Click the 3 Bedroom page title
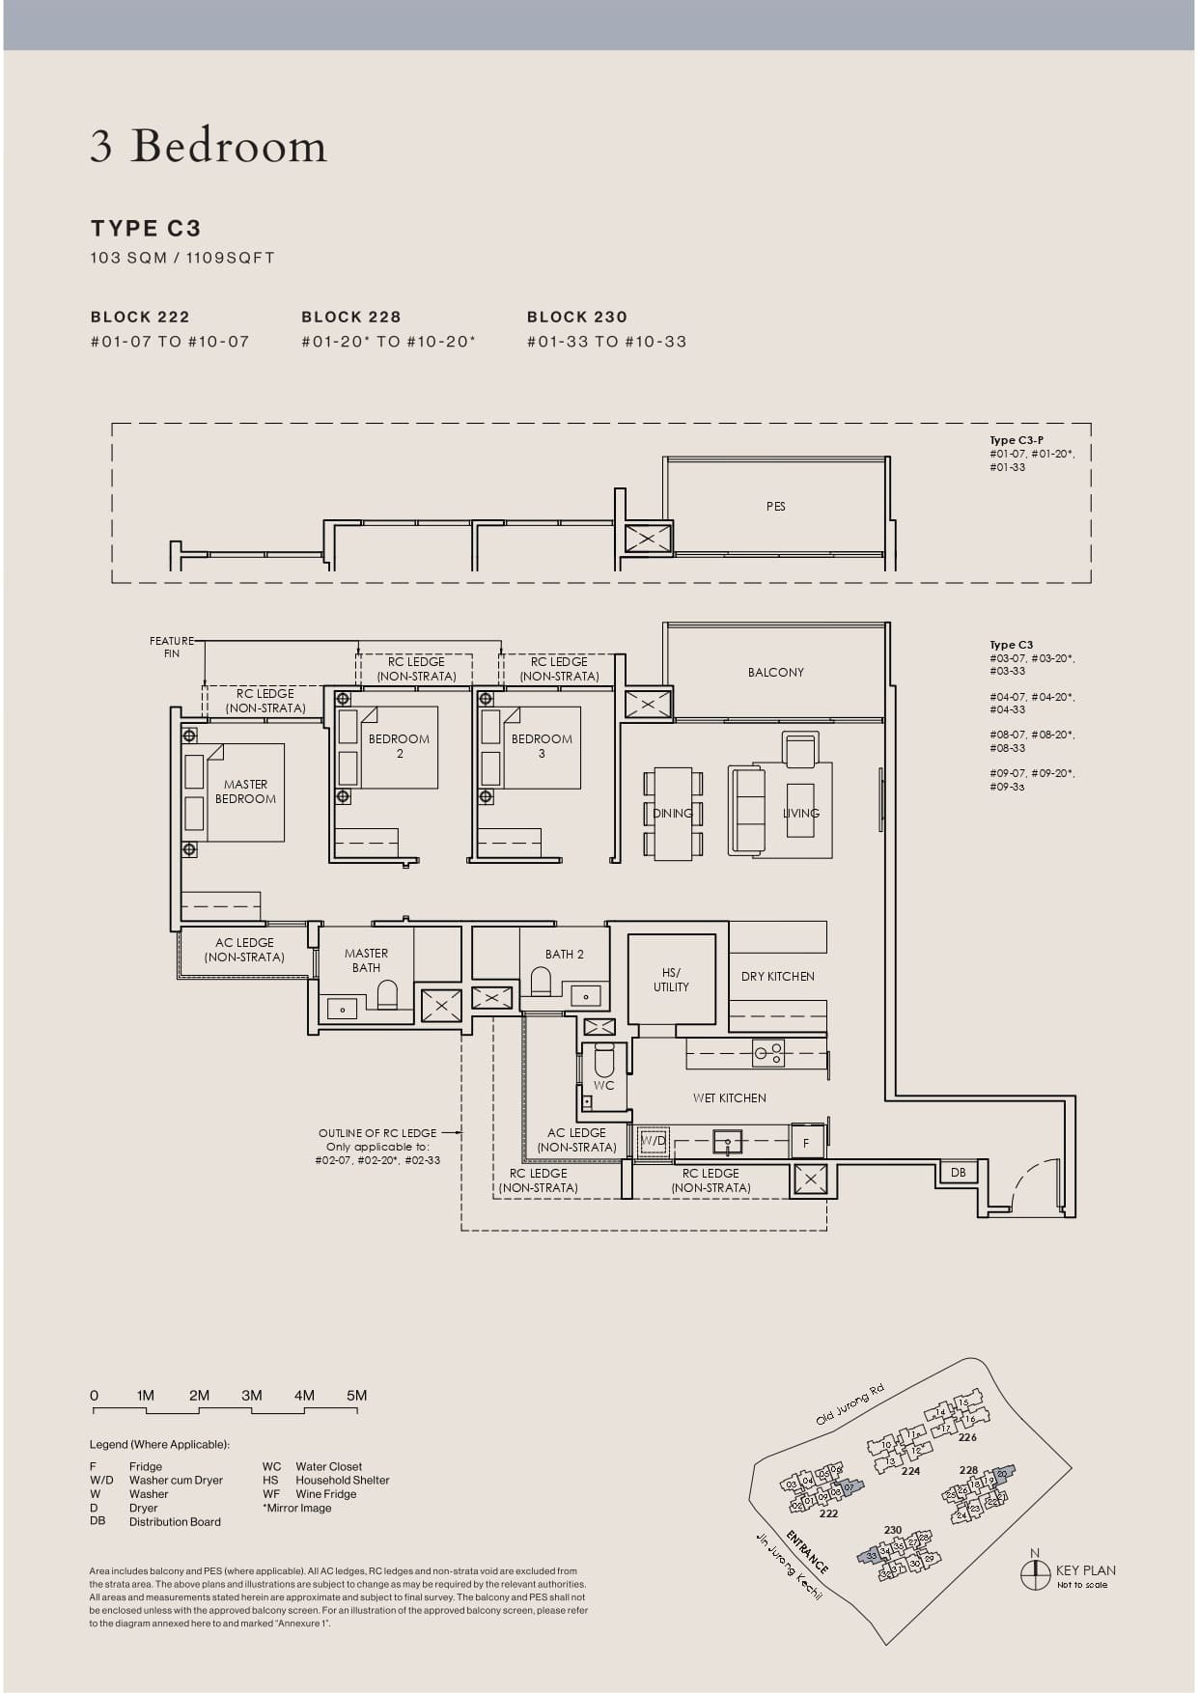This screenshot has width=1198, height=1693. (x=209, y=146)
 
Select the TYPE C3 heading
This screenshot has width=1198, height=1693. (x=146, y=229)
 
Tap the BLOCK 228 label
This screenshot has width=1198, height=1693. (x=350, y=317)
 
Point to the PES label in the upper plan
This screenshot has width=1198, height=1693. (x=775, y=506)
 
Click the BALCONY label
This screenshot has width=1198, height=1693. (x=775, y=672)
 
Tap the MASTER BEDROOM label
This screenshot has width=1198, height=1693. (x=245, y=791)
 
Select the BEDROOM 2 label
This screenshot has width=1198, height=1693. (x=399, y=746)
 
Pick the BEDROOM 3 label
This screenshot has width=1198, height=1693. (x=542, y=746)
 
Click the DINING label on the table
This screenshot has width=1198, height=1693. (x=672, y=813)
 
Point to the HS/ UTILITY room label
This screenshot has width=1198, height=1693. (x=671, y=980)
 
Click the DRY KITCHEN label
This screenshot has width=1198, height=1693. (x=777, y=976)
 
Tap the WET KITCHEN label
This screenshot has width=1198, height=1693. (x=729, y=1097)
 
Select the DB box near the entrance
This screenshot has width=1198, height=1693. (x=958, y=1172)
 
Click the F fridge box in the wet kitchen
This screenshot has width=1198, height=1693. (x=806, y=1143)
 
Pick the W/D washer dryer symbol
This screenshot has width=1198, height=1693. (x=654, y=1140)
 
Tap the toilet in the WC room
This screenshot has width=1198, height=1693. (x=604, y=1060)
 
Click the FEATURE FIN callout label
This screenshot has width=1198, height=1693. (x=172, y=647)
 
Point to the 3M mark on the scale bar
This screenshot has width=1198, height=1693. (x=252, y=1396)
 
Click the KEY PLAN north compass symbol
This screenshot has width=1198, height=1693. (x=1035, y=1573)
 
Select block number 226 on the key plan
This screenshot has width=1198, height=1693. (x=967, y=1437)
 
